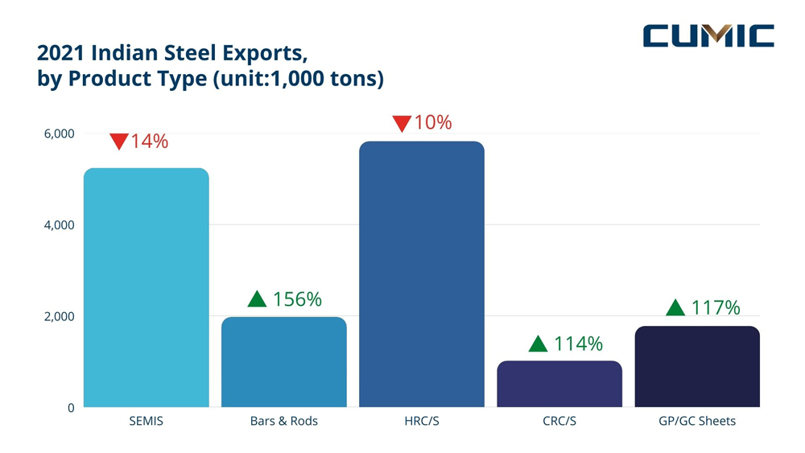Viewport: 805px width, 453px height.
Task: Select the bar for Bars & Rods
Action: tap(283, 362)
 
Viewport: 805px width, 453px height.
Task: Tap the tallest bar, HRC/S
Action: tap(421, 274)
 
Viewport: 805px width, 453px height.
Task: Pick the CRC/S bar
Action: tap(559, 384)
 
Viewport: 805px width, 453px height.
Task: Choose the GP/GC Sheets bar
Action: tap(697, 366)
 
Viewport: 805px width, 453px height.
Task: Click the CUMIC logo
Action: tap(708, 36)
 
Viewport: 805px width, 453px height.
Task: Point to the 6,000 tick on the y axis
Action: tap(59, 134)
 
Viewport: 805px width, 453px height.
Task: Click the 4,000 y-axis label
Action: tap(59, 225)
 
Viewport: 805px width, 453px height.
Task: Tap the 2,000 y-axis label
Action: tap(59, 316)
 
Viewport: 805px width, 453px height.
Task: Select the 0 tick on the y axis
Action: tap(70, 408)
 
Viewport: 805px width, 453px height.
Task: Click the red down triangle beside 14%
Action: tap(118, 142)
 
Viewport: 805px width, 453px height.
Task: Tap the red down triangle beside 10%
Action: tap(402, 124)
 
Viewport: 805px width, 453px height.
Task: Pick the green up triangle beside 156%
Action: tap(257, 299)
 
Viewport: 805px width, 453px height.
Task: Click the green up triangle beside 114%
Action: tap(538, 344)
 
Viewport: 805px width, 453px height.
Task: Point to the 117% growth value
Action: tap(715, 307)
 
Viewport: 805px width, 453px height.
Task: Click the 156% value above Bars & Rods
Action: tap(297, 299)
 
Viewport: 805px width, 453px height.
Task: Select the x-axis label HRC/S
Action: tap(421, 422)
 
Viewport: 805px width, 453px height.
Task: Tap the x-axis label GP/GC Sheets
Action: tap(697, 422)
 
